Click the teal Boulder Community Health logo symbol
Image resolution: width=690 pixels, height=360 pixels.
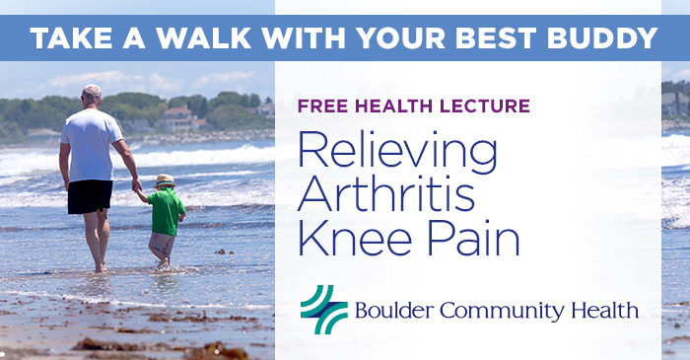pyautogui.click(x=323, y=309)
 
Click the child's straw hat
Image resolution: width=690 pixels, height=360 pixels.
pyautogui.click(x=164, y=181)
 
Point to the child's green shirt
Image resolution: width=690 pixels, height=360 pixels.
pyautogui.click(x=165, y=211)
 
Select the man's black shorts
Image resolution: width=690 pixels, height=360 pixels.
pyautogui.click(x=90, y=195)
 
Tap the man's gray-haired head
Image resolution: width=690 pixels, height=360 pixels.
pyautogui.click(x=91, y=96)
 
